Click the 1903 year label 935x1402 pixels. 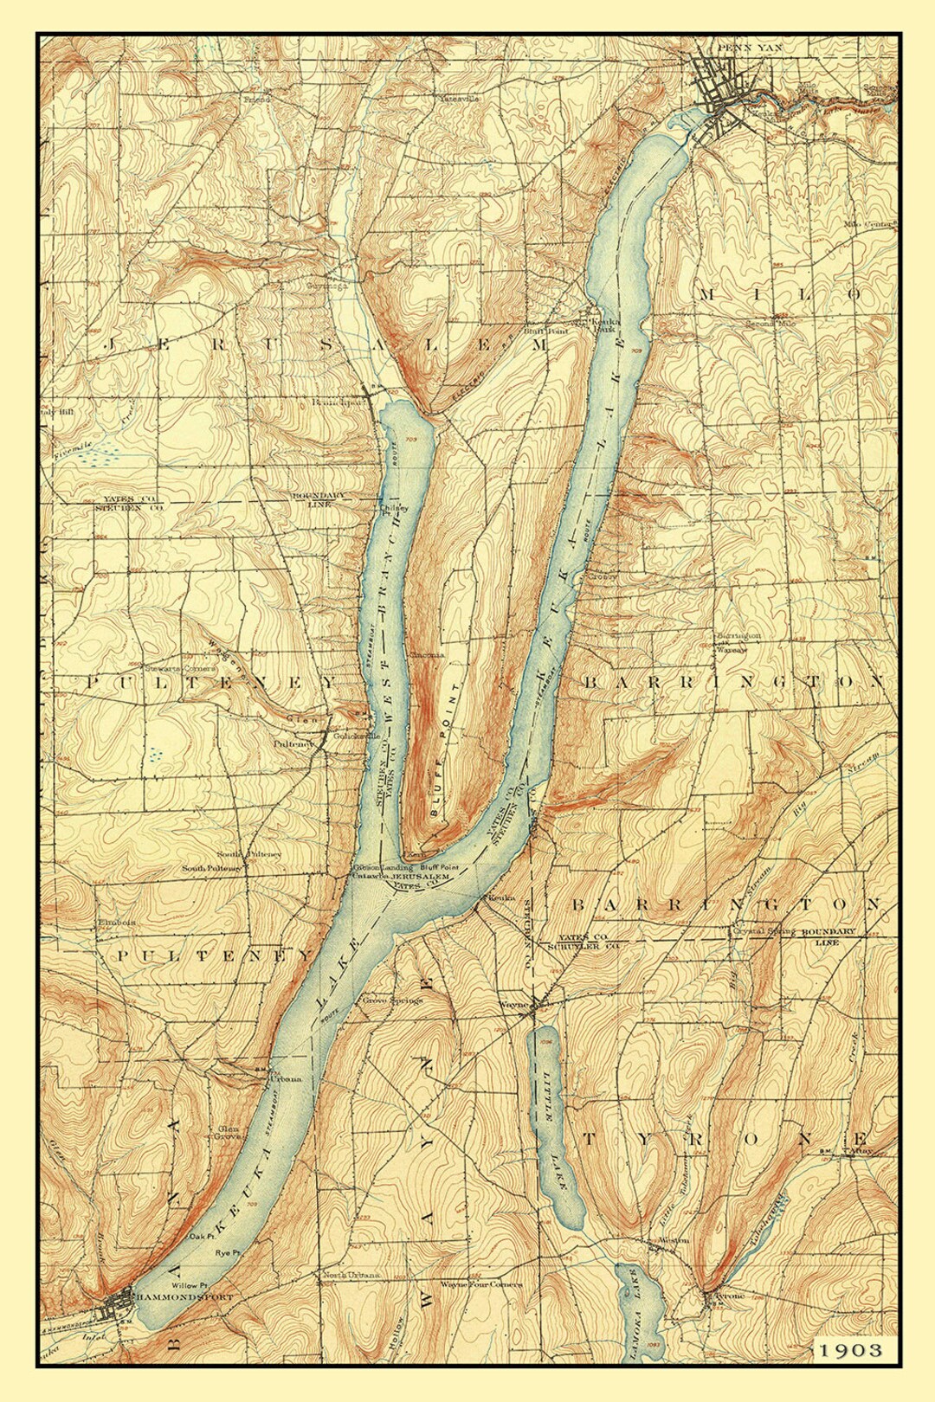pos(852,1349)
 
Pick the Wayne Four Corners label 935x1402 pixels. pos(480,1284)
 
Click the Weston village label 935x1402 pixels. pos(674,1240)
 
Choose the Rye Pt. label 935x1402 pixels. pos(227,1252)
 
